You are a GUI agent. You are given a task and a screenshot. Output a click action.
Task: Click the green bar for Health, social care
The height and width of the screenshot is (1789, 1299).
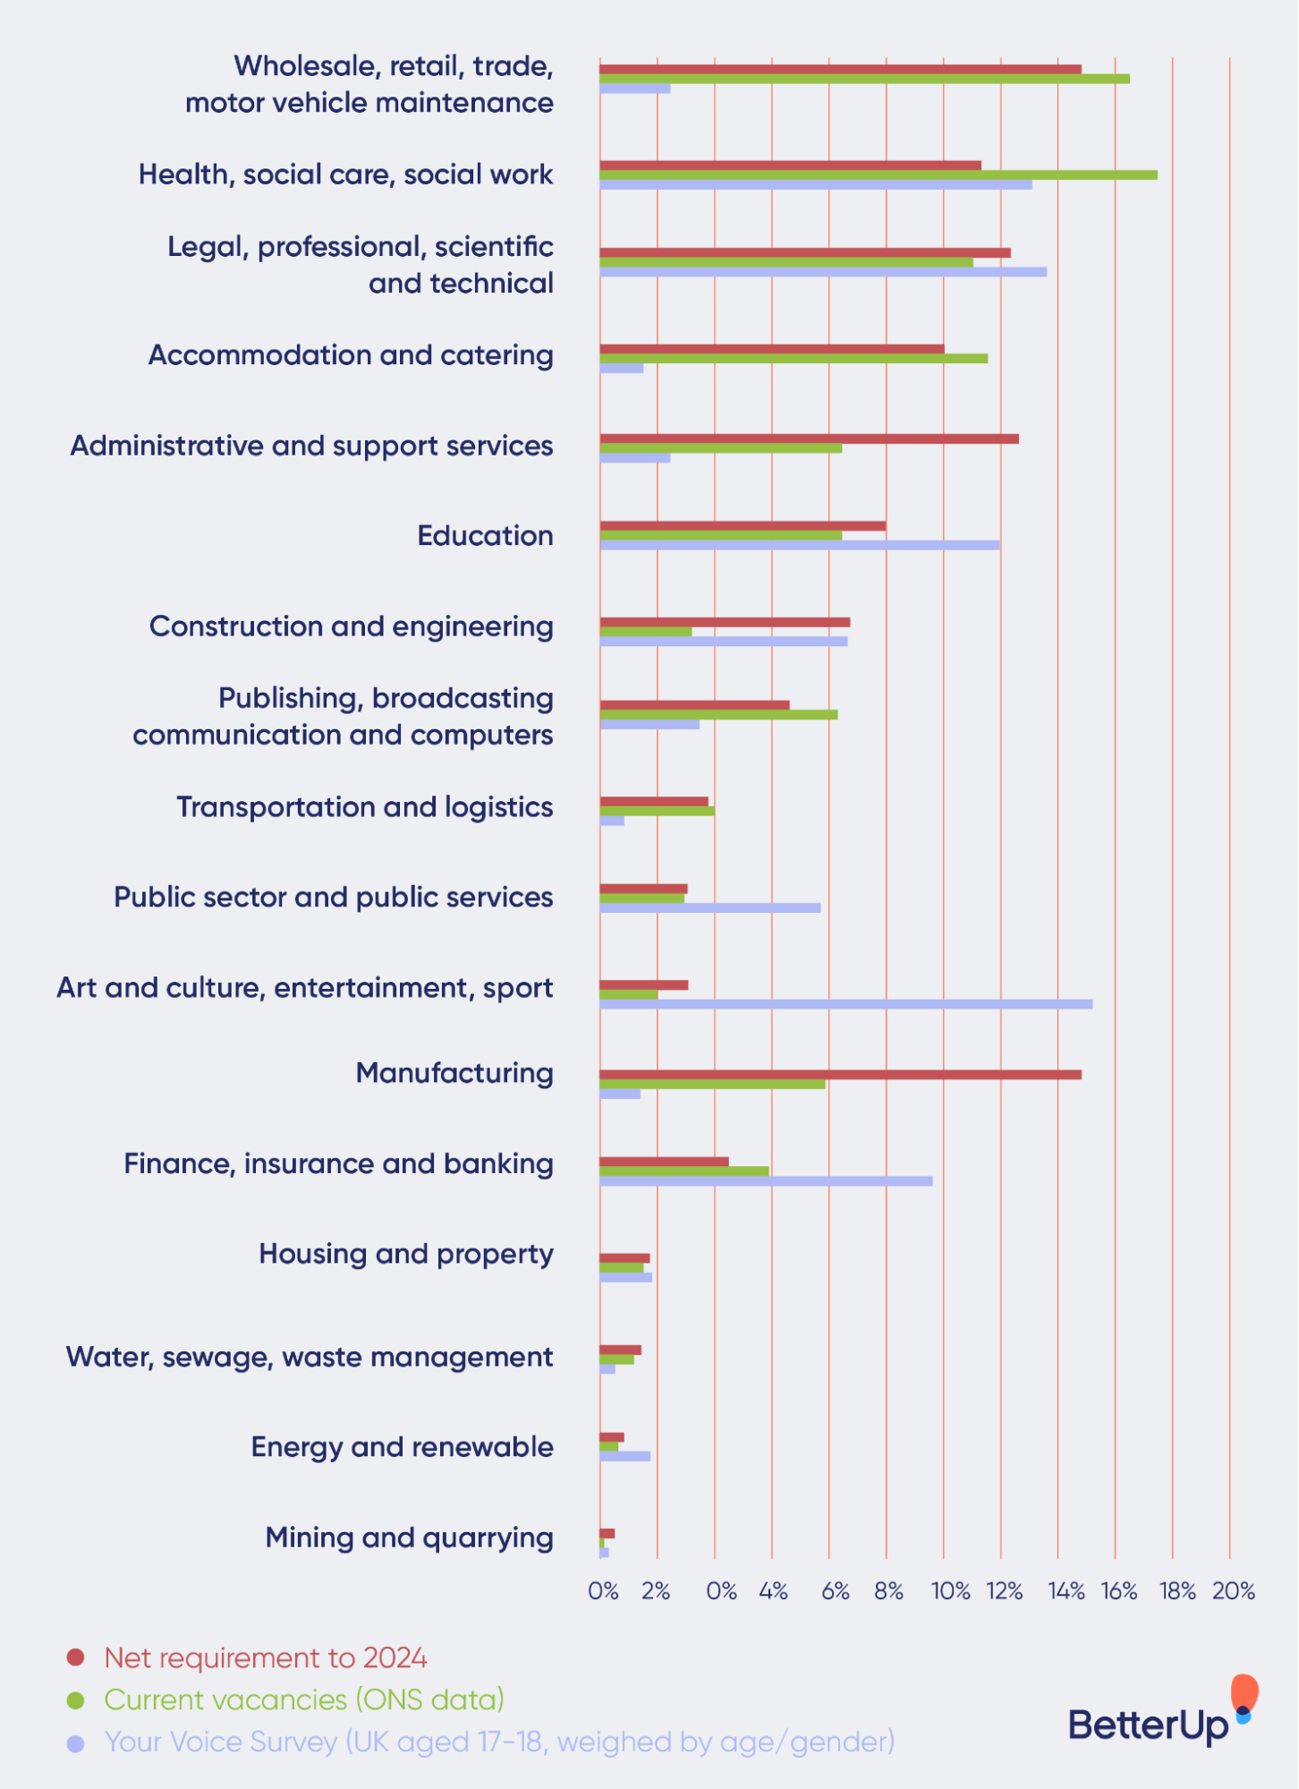pos(877,175)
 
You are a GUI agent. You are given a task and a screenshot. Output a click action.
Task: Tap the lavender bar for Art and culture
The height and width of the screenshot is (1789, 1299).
pos(845,1004)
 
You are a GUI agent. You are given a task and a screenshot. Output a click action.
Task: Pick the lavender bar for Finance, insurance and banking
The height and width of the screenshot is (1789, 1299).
pos(766,1181)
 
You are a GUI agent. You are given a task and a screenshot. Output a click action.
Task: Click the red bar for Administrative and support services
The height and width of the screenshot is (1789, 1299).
pos(809,439)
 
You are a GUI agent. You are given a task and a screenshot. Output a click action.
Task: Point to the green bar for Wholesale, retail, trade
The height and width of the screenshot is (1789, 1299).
pos(863,79)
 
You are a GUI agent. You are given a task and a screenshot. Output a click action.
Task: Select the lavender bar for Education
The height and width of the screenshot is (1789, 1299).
pos(799,545)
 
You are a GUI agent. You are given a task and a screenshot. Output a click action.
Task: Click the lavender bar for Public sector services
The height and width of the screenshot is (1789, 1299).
pos(709,907)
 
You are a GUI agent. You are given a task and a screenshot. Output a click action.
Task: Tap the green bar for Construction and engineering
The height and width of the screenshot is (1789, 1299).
pos(645,632)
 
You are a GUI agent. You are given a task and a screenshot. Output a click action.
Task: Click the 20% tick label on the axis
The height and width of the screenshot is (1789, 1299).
pos(1233,1591)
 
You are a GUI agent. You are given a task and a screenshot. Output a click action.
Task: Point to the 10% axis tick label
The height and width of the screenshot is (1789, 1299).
pos(950,1591)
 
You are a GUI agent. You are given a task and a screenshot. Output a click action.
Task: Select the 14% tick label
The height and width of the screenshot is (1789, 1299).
pos(1066,1591)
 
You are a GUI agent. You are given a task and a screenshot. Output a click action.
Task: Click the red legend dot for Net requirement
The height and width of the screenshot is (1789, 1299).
pos(76,1657)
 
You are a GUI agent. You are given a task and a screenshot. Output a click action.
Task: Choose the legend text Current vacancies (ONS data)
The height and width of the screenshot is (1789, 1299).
pos(304,1700)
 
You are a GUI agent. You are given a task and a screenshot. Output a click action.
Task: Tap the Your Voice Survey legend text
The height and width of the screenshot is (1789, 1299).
pos(499,1742)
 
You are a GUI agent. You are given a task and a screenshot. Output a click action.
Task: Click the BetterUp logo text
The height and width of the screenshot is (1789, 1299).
pos(1148,1725)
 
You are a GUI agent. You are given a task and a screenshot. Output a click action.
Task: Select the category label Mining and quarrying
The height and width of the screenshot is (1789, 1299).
pos(409,1538)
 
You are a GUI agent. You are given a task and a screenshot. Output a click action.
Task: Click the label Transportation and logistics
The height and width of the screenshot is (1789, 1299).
pos(364,807)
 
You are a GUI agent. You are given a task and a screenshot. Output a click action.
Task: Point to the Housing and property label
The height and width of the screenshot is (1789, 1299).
pos(405,1254)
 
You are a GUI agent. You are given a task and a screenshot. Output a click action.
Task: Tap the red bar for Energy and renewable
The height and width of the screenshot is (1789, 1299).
pos(611,1437)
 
